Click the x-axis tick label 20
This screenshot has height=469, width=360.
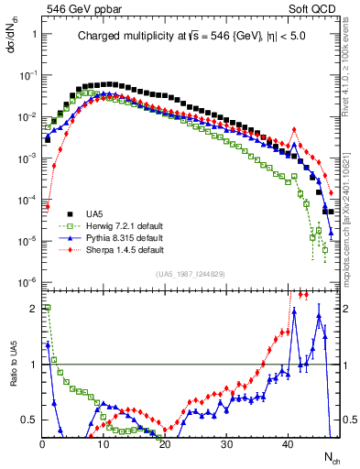point(165,443)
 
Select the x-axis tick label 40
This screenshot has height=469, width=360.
point(288,443)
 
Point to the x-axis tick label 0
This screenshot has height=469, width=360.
point(42,443)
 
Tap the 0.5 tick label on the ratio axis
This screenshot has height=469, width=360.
point(27,420)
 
